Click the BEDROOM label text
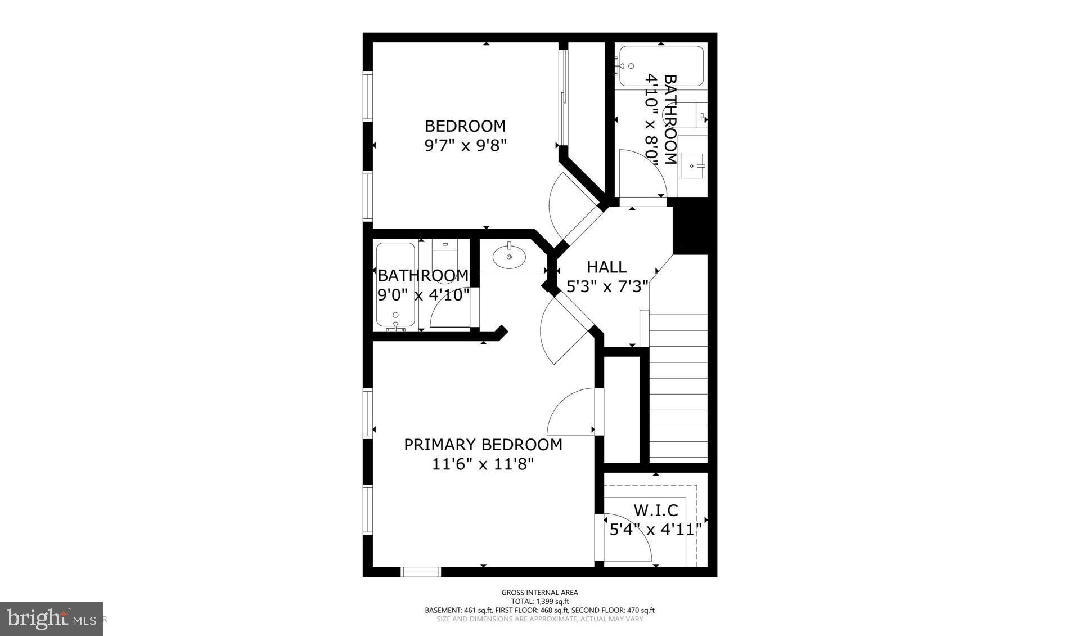pos(465,126)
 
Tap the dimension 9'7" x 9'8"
pos(465,146)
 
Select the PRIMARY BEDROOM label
pos(483,445)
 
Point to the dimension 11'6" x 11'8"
pos(483,464)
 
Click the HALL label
pos(606,267)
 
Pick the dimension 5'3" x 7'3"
pos(607,286)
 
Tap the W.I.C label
pos(656,510)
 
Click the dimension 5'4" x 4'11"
pos(655,530)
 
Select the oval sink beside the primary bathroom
pos(509,257)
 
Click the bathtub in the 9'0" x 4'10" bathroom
pos(395,284)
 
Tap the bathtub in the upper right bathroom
pos(661,66)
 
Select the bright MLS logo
pos(51,619)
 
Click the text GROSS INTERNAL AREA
pos(539,592)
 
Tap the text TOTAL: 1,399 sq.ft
pos(539,601)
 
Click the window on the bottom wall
pos(420,572)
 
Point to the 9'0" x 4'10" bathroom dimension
pos(423,295)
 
